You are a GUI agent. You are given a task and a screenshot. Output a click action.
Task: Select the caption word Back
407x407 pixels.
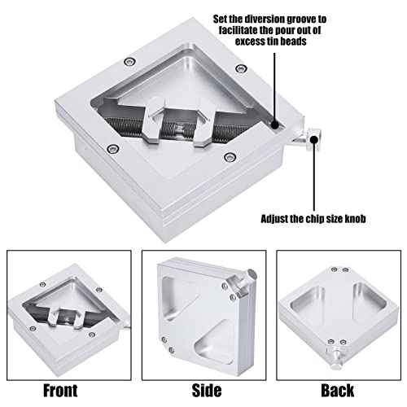pyautogui.click(x=336, y=389)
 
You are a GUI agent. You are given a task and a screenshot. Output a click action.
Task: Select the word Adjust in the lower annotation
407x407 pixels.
pyautogui.click(x=278, y=219)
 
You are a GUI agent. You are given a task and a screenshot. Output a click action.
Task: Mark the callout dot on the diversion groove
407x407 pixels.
pyautogui.click(x=275, y=125)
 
